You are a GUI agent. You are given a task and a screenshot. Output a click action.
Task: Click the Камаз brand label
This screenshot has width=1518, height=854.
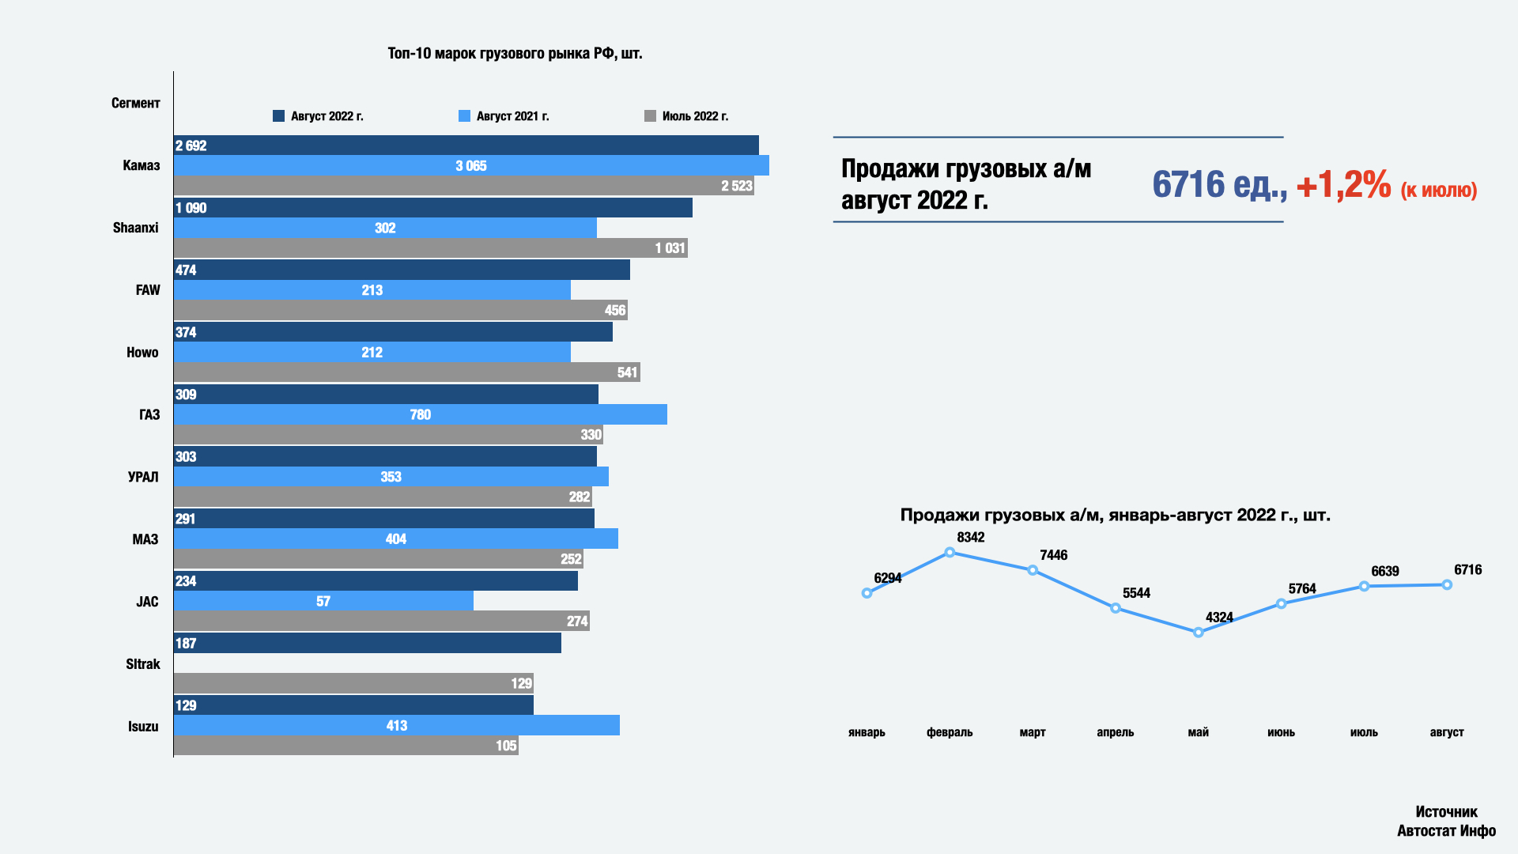[x=141, y=165]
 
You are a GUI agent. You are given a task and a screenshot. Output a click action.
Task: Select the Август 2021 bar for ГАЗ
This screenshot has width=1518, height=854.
[x=420, y=414]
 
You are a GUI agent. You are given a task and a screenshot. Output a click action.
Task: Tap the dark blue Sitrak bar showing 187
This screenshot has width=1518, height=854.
[x=367, y=643]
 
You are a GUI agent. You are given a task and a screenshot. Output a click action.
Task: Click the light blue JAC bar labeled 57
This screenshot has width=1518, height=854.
[x=323, y=601]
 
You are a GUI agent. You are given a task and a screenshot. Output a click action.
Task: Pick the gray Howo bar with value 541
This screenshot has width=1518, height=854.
[x=406, y=372]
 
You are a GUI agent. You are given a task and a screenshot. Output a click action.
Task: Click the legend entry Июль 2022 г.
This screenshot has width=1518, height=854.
[x=686, y=116]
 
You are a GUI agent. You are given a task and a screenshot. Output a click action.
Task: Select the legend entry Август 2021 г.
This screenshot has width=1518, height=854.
[x=504, y=116]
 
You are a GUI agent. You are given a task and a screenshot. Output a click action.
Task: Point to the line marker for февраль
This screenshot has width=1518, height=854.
[x=950, y=553]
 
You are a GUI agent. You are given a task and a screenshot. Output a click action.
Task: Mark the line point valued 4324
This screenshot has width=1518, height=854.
[x=1198, y=633]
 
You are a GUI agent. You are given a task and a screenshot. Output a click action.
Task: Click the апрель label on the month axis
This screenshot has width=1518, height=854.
[x=1115, y=732]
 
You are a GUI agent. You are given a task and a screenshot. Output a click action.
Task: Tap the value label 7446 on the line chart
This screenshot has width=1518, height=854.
[x=1053, y=555]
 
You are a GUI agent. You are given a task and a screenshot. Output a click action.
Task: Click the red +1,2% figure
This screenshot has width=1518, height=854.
[x=1343, y=185]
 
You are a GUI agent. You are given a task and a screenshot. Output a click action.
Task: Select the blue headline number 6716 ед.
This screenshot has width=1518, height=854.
[x=1218, y=185]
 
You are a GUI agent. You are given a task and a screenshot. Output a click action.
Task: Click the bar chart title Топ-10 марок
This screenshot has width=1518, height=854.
[x=515, y=54]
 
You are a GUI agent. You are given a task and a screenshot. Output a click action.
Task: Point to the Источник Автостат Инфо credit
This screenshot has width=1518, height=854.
[x=1446, y=821]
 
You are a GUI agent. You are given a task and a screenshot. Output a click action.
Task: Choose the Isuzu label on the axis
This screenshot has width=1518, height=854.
[x=143, y=727]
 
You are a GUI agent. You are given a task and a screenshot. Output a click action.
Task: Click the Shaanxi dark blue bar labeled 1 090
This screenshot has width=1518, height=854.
[x=432, y=208]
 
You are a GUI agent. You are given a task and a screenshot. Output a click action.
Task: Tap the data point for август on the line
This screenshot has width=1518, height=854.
[x=1447, y=585]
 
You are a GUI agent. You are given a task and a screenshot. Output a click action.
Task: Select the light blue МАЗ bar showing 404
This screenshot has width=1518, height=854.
[x=395, y=538]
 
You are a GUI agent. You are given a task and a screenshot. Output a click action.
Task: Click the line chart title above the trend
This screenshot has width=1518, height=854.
[x=1115, y=516]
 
